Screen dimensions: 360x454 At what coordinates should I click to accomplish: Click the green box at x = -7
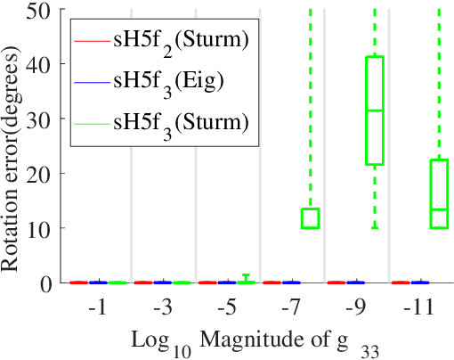click(x=310, y=218)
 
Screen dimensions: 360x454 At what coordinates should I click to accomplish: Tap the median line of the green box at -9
click(x=375, y=110)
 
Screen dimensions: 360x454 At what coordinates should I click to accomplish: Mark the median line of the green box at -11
click(x=440, y=209)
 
